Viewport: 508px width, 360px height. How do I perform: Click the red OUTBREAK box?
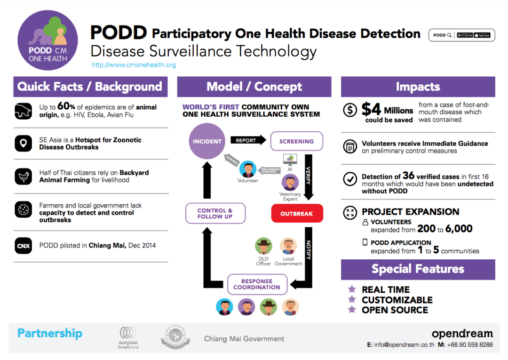tap(296, 213)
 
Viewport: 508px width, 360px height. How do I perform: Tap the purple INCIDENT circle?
tap(207, 141)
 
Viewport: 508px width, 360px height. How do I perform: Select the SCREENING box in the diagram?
tap(296, 141)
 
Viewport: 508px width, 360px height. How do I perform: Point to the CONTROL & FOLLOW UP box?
tap(215, 213)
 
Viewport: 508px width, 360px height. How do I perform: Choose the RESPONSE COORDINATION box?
tap(257, 284)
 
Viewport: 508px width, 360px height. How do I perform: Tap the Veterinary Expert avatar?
tap(290, 182)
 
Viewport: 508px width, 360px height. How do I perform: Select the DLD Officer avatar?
tap(263, 246)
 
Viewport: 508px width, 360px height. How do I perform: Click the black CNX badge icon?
tap(24, 245)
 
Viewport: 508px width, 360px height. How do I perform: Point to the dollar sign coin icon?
tap(350, 110)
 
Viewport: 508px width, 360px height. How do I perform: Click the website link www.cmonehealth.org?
tap(134, 65)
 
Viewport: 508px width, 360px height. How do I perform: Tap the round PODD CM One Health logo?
tap(48, 41)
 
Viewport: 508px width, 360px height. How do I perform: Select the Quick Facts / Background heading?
tap(90, 87)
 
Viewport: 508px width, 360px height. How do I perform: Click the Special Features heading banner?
tap(418, 269)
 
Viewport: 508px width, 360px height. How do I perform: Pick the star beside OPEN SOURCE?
tap(351, 310)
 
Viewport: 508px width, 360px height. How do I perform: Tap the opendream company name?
tap(462, 334)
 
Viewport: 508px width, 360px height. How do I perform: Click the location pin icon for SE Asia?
tap(24, 144)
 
